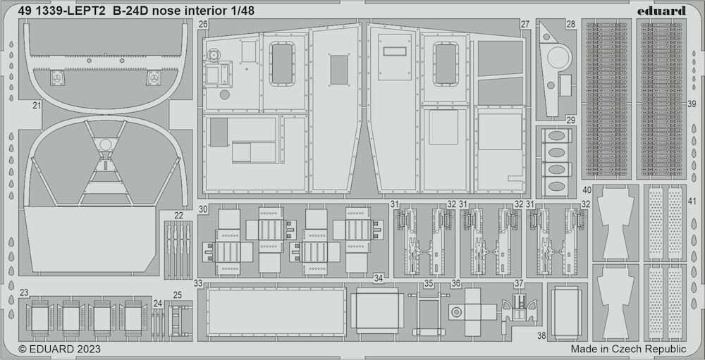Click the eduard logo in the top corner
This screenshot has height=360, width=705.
click(x=661, y=11)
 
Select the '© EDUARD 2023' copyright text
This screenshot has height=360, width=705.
click(x=59, y=349)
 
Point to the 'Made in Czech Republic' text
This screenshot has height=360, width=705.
click(x=629, y=349)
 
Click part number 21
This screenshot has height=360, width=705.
click(x=37, y=106)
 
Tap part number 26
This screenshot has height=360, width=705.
click(x=203, y=25)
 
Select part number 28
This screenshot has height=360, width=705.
click(x=570, y=24)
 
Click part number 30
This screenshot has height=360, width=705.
click(x=203, y=209)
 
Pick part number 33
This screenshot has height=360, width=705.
click(x=198, y=284)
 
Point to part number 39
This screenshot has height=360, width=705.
click(x=692, y=104)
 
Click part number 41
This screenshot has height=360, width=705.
click(x=692, y=201)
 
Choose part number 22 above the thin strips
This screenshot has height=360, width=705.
click(x=178, y=216)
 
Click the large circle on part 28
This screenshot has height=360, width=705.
click(x=559, y=57)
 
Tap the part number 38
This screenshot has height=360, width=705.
click(x=541, y=336)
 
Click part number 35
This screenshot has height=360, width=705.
click(x=429, y=284)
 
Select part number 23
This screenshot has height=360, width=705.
click(x=24, y=292)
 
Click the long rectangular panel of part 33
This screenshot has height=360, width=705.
click(x=276, y=311)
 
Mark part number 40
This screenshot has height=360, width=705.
click(x=587, y=190)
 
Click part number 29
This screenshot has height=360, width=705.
click(x=570, y=120)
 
